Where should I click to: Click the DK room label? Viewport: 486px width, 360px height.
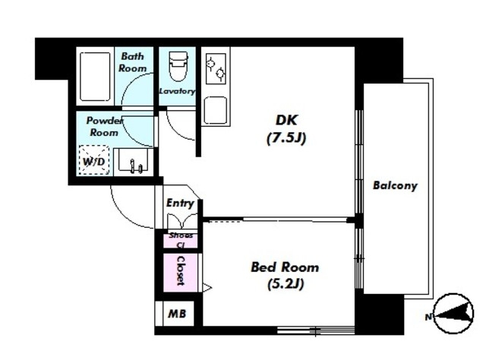pos(287,120)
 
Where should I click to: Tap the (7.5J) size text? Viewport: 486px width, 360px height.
pos(286,138)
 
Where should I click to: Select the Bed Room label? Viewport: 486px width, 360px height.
pos(285,267)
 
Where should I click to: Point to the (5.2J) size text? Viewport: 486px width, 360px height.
pos(286,284)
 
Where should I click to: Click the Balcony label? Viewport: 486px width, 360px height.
pos(395,185)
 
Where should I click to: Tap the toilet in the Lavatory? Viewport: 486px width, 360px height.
pos(178,66)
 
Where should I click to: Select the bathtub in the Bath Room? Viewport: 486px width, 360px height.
pos(95,77)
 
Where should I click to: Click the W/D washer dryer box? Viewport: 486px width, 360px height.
pos(94,160)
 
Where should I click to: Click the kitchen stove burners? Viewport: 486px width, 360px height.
pos(216,68)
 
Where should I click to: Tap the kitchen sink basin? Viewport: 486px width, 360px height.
pos(216,110)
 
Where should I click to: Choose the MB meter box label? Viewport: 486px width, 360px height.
pos(177,314)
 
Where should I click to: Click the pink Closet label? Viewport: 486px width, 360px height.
pos(181,270)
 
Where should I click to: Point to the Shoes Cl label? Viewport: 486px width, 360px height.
pos(181,240)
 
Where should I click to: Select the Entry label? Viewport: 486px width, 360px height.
pos(180,203)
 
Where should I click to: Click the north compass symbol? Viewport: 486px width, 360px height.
pos(453,313)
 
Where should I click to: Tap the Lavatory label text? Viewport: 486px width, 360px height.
pos(177,91)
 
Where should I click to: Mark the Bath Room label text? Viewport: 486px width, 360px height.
pos(133,62)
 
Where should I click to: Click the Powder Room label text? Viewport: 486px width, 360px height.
pos(104,126)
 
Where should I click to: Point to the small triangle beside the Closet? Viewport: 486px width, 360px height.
pos(207,287)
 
